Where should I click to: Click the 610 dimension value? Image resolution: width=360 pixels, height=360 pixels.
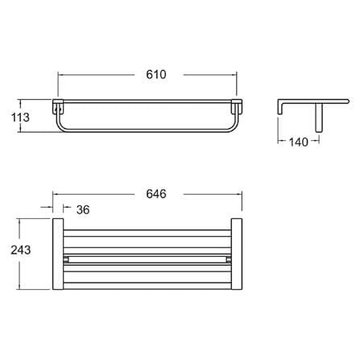click(x=156, y=74)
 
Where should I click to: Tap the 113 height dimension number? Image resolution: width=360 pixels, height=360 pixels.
click(x=20, y=118)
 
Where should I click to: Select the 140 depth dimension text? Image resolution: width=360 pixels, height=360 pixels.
click(x=299, y=142)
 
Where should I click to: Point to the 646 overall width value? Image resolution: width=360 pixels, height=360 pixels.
click(x=156, y=193)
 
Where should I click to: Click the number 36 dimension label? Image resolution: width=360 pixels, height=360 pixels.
click(x=83, y=209)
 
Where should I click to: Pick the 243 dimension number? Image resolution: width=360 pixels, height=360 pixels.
click(x=21, y=250)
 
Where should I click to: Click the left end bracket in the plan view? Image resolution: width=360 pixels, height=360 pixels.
click(x=58, y=254)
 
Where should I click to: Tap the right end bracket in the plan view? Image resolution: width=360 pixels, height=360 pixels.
click(x=237, y=254)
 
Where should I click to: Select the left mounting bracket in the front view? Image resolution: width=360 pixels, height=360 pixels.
click(x=58, y=106)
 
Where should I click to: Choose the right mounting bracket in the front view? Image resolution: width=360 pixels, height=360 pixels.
click(x=237, y=106)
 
